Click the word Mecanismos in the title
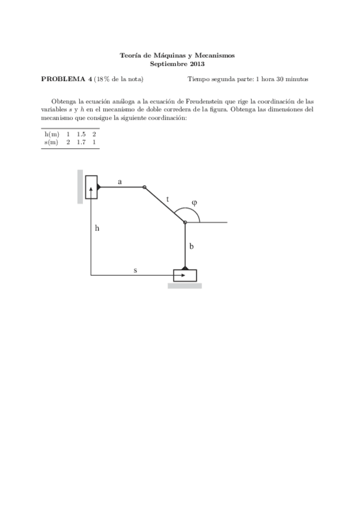pyautogui.click(x=216, y=55)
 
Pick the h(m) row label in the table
pyautogui.click(x=52, y=134)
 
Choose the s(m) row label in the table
pyautogui.click(x=52, y=143)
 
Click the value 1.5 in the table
pyautogui.click(x=81, y=134)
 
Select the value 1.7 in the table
pyautogui.click(x=81, y=143)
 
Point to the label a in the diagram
pyautogui.click(x=120, y=181)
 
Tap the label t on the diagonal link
pyautogui.click(x=168, y=199)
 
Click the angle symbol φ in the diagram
pyautogui.click(x=194, y=203)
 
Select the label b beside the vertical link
pyautogui.click(x=191, y=246)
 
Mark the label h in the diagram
pyautogui.click(x=97, y=229)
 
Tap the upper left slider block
pyautogui.click(x=91, y=187)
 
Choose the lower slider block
pyautogui.click(x=185, y=275)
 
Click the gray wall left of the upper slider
pyautogui.click(x=80, y=186)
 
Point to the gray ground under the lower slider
pyautogui.click(x=185, y=286)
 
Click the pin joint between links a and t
pyautogui.click(x=144, y=187)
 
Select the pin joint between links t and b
pyautogui.click(x=185, y=223)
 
